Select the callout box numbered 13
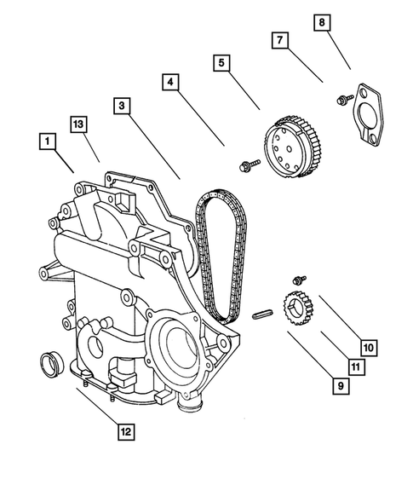pyautogui.click(x=79, y=124)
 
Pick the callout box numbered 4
pyautogui.click(x=170, y=83)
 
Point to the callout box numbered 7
pyautogui.click(x=279, y=40)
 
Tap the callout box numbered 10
pyautogui.click(x=368, y=348)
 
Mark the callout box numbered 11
pyautogui.click(x=357, y=367)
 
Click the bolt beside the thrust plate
pyautogui.click(x=344, y=101)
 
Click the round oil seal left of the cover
pyautogui.click(x=53, y=361)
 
